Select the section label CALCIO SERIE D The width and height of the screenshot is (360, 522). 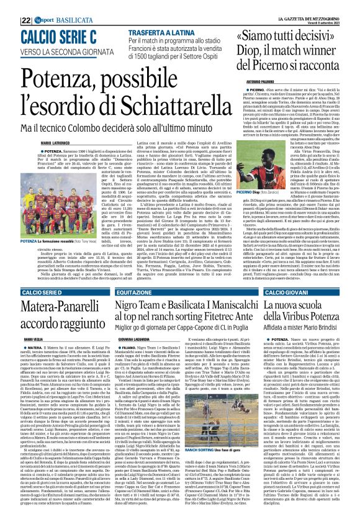24,274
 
